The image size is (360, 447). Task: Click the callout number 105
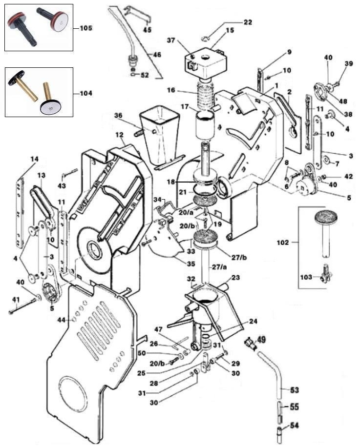click(86, 28)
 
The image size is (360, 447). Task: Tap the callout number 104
click(86, 93)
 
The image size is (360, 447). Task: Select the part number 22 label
click(248, 22)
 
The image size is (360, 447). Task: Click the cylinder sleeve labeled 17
click(205, 125)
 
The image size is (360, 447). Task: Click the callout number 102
click(283, 243)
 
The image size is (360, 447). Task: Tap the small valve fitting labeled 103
click(325, 274)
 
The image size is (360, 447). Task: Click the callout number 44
click(62, 320)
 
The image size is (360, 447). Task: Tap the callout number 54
click(295, 426)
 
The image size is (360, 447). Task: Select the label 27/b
click(239, 258)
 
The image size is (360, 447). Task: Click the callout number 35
click(191, 264)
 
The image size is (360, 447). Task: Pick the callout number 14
click(35, 159)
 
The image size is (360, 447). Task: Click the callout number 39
click(349, 63)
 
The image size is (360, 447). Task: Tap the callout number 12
click(120, 134)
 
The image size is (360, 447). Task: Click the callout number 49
click(261, 339)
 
